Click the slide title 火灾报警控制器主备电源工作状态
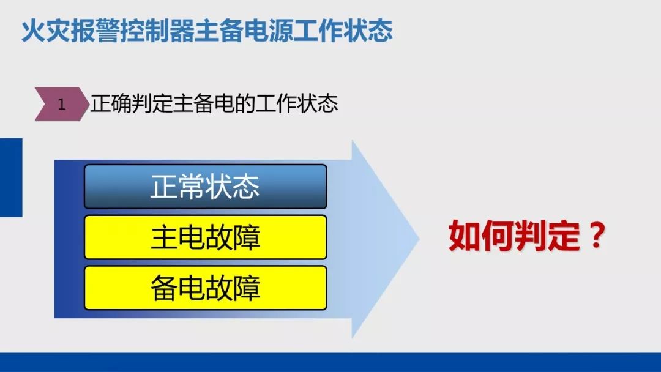[207, 31]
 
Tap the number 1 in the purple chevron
[62, 104]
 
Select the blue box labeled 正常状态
[206, 187]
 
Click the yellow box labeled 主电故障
[206, 237]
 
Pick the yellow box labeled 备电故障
[206, 288]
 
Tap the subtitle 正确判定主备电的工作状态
[214, 103]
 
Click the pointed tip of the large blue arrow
[419, 239]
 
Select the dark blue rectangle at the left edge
[11, 177]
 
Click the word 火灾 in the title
[45, 31]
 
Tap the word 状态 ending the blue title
[368, 31]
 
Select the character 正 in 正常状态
[164, 187]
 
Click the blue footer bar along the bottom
[330, 362]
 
